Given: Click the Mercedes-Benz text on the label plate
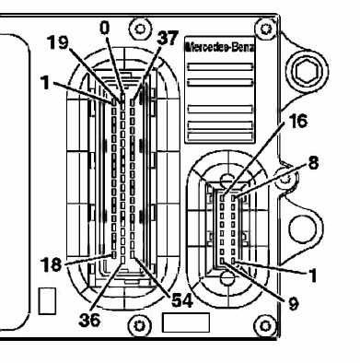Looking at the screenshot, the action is tap(220, 48).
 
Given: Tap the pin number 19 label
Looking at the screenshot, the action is tap(57, 42).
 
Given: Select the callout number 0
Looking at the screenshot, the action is tap(105, 29).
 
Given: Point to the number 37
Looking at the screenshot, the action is tap(168, 38).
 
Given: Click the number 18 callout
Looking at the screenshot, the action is tap(51, 264).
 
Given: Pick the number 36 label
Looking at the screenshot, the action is tap(89, 320).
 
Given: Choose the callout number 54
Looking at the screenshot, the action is tap(182, 300).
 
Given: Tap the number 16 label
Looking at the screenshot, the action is tap(297, 121).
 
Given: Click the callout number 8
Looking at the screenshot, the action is tap(313, 163).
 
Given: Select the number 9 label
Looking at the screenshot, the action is tap(294, 304).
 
